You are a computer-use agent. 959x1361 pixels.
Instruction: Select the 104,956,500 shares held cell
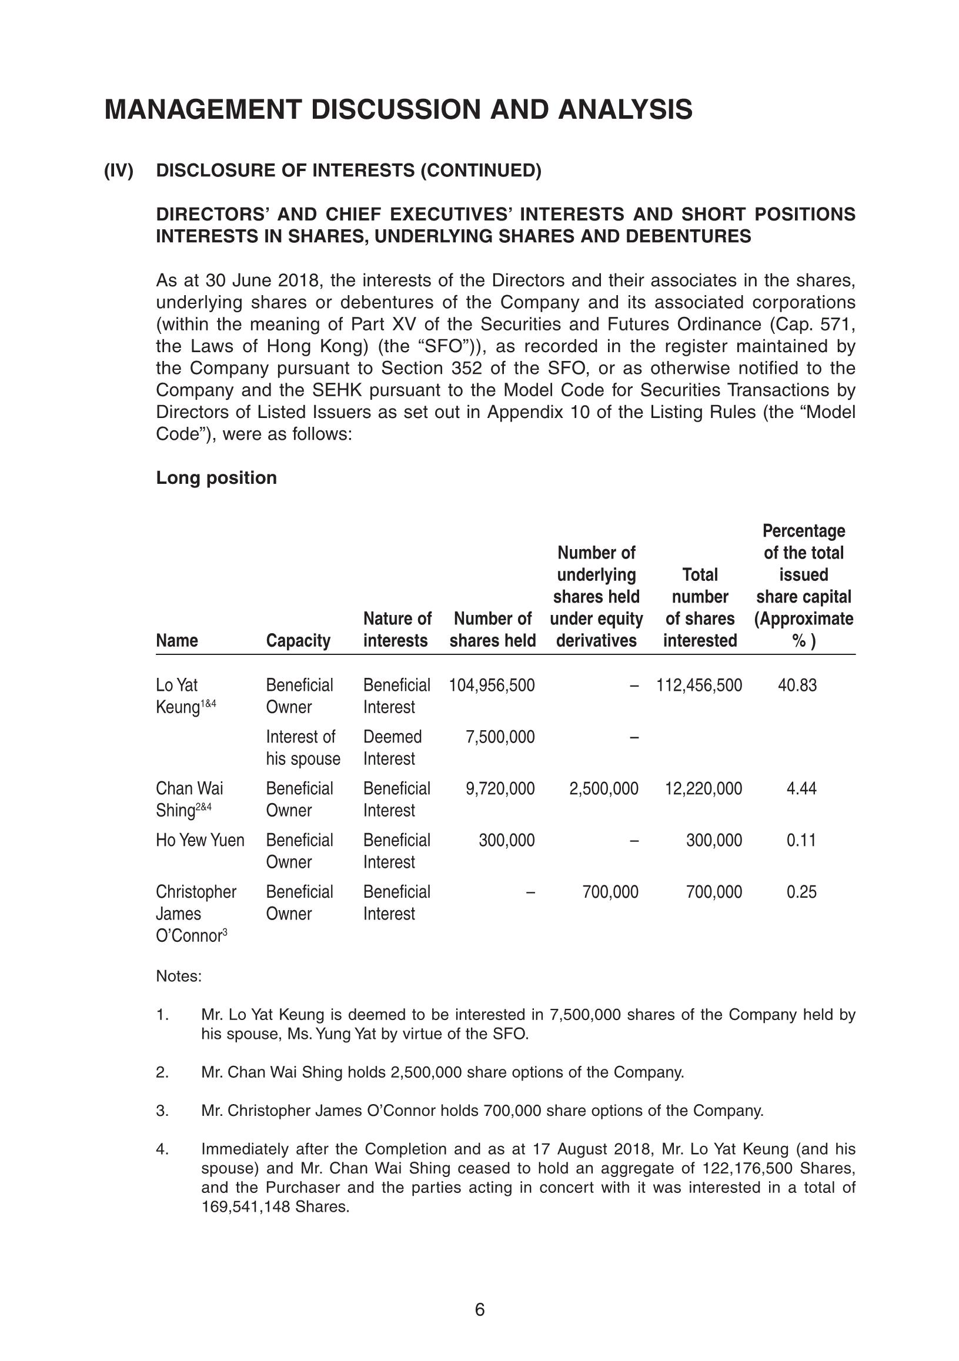[x=492, y=685]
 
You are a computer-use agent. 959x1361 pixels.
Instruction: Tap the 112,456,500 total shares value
[x=699, y=685]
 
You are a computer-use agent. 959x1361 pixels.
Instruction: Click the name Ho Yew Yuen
[x=200, y=840]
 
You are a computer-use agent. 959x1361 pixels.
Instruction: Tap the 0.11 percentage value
[x=801, y=840]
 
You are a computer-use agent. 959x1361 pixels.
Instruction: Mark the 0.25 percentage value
[x=801, y=891]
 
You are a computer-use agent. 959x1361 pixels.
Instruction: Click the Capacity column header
[x=298, y=641]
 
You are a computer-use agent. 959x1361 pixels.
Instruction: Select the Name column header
[x=176, y=641]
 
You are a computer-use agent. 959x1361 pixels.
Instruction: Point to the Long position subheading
[x=216, y=478]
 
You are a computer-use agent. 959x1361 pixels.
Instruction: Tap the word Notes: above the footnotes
[x=179, y=977]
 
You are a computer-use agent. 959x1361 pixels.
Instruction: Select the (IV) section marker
[x=119, y=170]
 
